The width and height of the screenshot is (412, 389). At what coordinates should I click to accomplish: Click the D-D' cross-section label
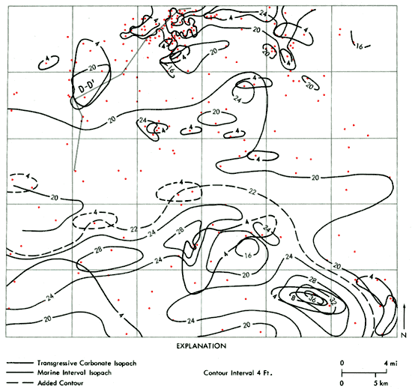point(88,88)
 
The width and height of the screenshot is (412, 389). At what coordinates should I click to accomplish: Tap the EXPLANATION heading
point(202,347)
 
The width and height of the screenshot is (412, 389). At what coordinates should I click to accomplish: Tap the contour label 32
point(327,301)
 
